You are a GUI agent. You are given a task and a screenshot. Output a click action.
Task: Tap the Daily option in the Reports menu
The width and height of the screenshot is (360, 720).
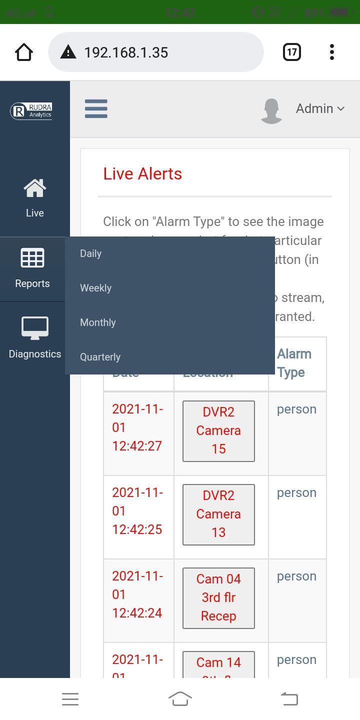pos(91,253)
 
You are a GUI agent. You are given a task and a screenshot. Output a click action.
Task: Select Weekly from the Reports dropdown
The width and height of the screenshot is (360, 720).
pos(96,288)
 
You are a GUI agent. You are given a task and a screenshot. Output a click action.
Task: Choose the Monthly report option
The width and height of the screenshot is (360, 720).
pos(98,322)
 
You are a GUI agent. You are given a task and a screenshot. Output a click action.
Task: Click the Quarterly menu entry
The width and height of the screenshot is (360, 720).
pos(100,357)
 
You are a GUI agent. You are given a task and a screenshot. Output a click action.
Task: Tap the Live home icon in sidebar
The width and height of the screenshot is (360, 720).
pos(34,189)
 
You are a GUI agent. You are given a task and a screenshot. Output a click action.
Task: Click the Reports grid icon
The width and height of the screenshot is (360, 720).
pos(32,258)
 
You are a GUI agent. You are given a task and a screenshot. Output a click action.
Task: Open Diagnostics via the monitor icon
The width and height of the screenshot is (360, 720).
pos(34,328)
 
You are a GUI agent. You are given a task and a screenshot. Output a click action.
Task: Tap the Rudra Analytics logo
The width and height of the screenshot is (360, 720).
pos(31,110)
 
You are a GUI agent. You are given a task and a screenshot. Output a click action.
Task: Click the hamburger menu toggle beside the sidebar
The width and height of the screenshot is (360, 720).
pos(96,108)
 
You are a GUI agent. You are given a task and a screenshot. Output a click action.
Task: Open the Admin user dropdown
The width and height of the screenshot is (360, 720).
pos(319,108)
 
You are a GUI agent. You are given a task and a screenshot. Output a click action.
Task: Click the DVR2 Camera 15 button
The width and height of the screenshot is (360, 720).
pos(218,430)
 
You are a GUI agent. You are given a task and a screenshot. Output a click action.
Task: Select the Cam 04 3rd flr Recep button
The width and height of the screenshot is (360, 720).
pos(218,597)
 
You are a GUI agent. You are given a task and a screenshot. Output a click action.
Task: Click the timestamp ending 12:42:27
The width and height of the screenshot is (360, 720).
pos(137,427)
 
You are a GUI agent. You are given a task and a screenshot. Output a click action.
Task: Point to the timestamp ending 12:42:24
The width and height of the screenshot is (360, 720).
pos(137,594)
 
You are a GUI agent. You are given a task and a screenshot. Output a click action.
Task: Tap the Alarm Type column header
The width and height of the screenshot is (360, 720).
pos(294,363)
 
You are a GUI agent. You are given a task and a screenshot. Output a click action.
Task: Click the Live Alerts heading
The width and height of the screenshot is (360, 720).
pos(142,173)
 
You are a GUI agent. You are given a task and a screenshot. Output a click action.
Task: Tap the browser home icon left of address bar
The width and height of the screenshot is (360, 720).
pos(24,52)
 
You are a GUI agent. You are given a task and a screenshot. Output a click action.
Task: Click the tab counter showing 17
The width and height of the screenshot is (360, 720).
pos(291,52)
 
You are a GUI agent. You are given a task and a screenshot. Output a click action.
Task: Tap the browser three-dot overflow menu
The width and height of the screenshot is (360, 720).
pos(331,52)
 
